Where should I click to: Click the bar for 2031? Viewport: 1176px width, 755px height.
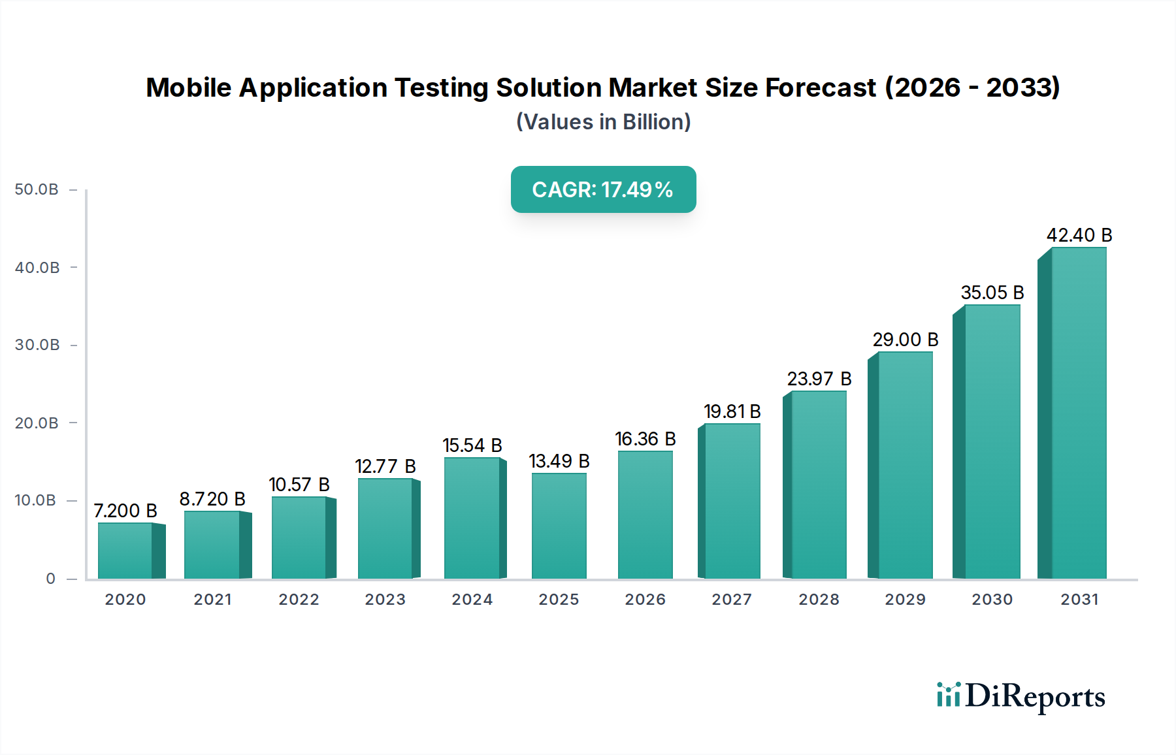click(x=1078, y=413)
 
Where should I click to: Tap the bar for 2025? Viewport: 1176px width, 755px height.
click(x=559, y=526)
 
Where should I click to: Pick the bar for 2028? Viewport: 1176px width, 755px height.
click(x=819, y=485)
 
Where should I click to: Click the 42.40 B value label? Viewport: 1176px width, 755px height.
click(x=1079, y=235)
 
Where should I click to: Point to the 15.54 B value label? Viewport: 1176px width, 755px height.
click(x=472, y=445)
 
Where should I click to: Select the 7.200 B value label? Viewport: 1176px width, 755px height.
click(x=125, y=511)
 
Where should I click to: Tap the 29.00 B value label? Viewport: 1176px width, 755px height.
click(x=906, y=340)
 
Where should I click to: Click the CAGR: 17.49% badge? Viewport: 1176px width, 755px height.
click(x=603, y=189)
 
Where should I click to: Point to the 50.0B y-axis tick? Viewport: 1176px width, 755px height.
click(x=37, y=189)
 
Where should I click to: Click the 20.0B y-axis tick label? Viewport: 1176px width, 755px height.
click(x=37, y=423)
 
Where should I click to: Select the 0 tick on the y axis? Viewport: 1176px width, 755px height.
click(x=50, y=579)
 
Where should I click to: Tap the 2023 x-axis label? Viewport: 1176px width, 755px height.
click(x=385, y=600)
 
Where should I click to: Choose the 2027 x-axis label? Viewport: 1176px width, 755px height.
click(x=732, y=600)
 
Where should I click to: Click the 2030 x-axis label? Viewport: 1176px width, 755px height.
click(x=992, y=600)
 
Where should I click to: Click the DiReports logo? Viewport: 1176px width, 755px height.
click(x=1021, y=696)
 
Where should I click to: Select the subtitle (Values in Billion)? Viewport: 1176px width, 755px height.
click(x=603, y=122)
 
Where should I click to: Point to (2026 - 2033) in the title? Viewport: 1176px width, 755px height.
click(x=972, y=88)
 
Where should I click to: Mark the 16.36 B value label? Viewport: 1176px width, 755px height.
click(x=645, y=439)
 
